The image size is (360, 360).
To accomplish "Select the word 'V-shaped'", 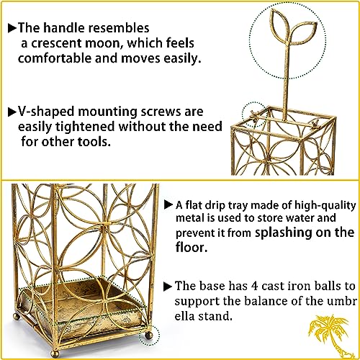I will [45, 112].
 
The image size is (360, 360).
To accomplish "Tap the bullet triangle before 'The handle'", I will [11, 28].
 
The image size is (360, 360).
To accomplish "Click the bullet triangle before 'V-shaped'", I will [11, 112].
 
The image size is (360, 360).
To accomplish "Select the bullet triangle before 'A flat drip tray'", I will [169, 204].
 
